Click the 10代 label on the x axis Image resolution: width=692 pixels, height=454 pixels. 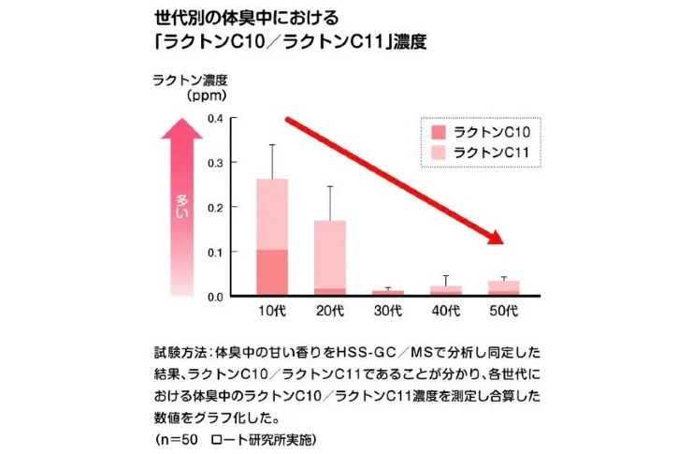(271, 309)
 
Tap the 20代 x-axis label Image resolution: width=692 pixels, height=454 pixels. (331, 309)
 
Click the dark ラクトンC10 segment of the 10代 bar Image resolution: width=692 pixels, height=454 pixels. (271, 272)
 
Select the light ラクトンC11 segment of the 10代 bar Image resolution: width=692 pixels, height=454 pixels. (271, 214)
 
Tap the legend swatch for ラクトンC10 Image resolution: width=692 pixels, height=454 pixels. (439, 132)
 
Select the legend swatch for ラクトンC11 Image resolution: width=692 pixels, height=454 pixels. (439, 153)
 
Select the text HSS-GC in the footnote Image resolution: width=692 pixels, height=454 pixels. (364, 356)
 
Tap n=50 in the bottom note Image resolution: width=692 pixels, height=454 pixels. (177, 437)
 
